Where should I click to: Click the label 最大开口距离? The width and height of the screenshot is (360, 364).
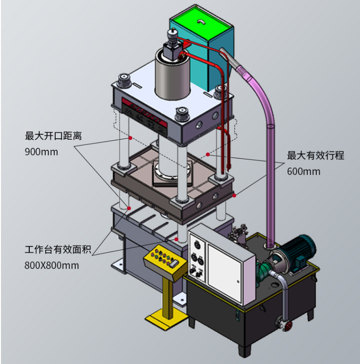[x=53, y=136]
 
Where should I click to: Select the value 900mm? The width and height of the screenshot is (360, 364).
[x=41, y=152]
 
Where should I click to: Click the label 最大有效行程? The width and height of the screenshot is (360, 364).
[x=315, y=156]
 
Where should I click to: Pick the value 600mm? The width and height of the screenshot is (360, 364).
[x=303, y=171]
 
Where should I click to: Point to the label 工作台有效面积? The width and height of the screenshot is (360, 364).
[x=58, y=249]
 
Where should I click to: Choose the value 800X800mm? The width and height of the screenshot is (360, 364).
[x=52, y=265]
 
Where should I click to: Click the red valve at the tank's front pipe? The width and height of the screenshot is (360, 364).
[x=288, y=326]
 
